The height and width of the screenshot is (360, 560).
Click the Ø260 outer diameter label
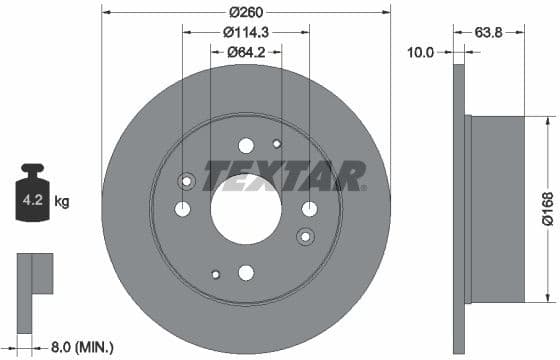tap(246, 12)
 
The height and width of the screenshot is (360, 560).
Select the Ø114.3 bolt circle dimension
tap(246, 32)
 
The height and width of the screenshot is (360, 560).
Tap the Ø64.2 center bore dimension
tap(245, 52)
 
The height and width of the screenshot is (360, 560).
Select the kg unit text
tap(62, 202)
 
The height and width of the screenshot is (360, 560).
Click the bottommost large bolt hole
tap(246, 273)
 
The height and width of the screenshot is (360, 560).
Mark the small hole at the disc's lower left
tap(214, 273)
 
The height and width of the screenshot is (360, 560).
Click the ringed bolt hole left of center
tap(185, 181)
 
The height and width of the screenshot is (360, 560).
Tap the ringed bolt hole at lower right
tap(305, 235)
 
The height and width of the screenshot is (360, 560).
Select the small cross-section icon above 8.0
tap(34, 274)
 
